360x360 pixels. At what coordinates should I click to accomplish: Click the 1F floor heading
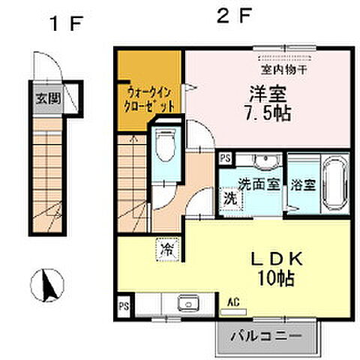pos(64,23)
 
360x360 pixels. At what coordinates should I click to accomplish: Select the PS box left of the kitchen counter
pos(124,305)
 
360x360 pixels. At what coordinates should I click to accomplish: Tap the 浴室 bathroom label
pos(302,184)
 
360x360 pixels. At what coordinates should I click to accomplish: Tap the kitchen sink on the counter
pos(187,304)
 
